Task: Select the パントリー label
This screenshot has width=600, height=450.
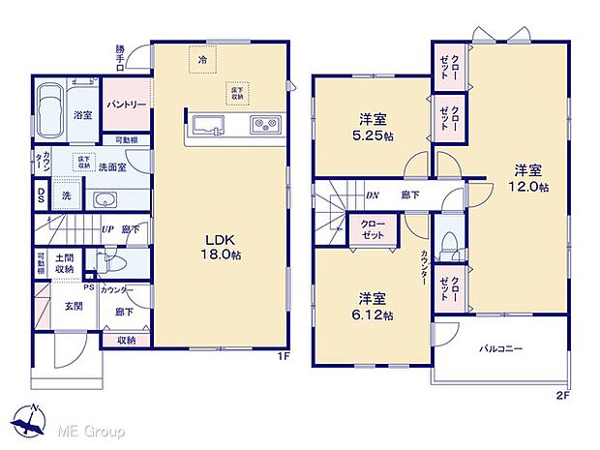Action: click(127, 105)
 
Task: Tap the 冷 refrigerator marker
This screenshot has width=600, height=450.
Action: click(203, 59)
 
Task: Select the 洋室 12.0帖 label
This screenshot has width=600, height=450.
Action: click(530, 179)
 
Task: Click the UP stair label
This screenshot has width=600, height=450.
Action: click(108, 230)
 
